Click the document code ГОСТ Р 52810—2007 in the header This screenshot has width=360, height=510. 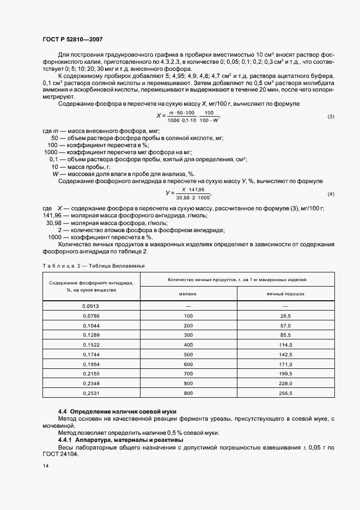72,40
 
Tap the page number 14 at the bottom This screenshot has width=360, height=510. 45,467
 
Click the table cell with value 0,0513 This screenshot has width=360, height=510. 91,306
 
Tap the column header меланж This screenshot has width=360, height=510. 188,293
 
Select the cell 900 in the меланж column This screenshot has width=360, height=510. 188,392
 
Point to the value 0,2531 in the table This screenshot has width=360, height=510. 91,392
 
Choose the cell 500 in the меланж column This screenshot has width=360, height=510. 188,354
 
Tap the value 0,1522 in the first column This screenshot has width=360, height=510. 91,344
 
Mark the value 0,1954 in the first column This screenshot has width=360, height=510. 91,363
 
